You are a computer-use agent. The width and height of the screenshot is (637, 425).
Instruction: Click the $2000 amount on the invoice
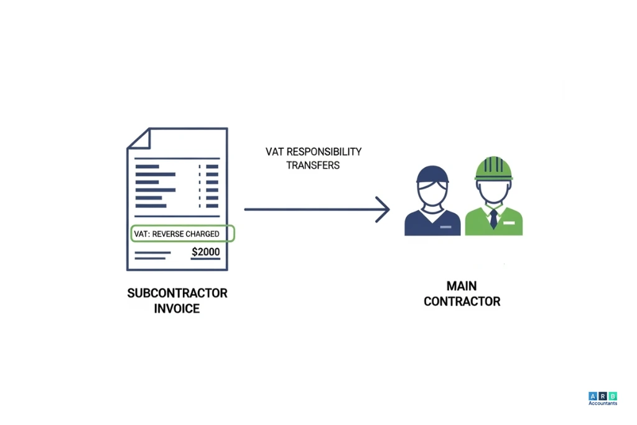205,252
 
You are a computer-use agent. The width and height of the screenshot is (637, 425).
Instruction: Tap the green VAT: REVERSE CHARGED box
183,233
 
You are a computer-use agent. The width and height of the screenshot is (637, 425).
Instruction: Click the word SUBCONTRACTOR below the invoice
177,293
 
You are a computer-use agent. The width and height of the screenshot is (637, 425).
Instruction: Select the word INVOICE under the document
177,308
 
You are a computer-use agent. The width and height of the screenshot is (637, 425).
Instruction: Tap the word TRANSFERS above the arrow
313,166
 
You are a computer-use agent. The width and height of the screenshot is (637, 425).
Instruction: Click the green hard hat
494,168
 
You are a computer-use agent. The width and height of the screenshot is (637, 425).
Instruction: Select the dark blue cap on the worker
432,174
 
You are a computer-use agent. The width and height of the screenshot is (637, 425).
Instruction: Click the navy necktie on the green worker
493,218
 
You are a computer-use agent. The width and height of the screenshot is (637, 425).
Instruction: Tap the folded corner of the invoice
139,138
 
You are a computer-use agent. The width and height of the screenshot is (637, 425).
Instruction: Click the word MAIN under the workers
462,286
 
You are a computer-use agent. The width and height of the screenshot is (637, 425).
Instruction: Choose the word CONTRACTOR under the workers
462,301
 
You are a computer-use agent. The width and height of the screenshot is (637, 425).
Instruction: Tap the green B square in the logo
613,396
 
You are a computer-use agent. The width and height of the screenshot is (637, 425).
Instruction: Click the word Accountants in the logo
603,403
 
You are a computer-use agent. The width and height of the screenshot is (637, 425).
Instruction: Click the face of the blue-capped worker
432,192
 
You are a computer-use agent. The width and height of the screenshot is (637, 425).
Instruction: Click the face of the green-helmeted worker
493,192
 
